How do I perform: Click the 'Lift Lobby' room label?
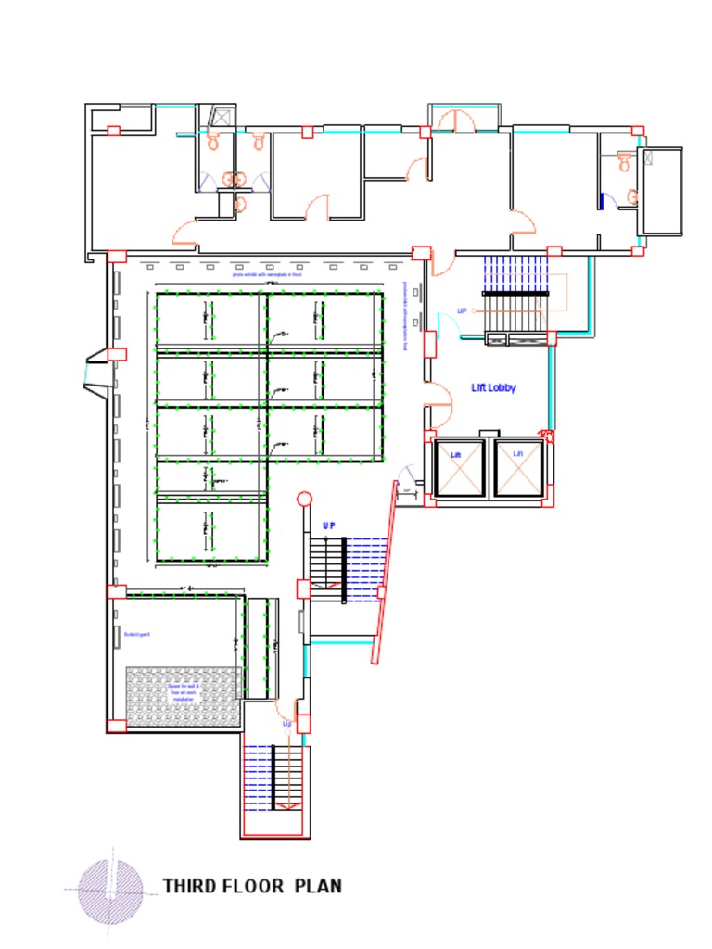493,388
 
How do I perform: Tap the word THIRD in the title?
193,886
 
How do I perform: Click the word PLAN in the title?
318,886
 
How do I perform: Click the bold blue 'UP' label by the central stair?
328,525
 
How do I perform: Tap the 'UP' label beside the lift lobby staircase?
462,311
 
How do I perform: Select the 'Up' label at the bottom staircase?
286,723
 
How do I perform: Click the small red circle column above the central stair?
303,499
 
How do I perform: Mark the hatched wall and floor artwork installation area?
184,694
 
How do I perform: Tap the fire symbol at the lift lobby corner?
547,435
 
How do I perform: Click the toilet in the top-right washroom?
624,161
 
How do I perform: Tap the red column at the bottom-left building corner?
117,726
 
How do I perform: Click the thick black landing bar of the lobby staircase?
515,293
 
